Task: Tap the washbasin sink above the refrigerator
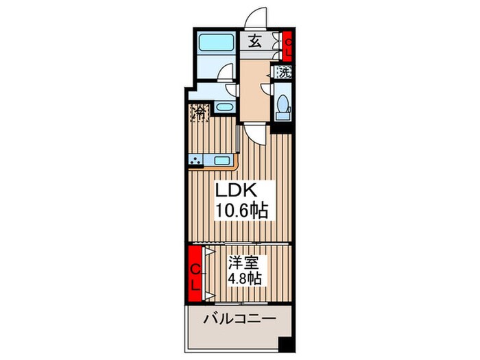point(224,108)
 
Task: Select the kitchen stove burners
point(198,162)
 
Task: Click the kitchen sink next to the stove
point(221,161)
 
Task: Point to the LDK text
point(239,191)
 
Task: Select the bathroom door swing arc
point(228,73)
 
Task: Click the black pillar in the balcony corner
point(285,343)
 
